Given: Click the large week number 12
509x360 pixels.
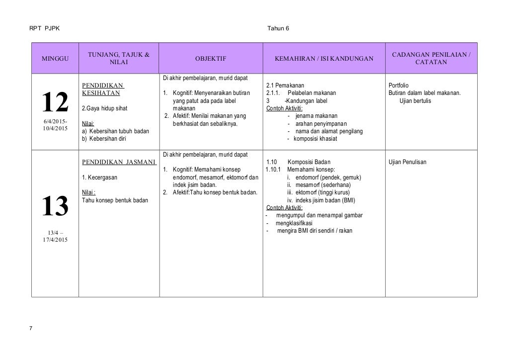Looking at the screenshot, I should tap(55, 103).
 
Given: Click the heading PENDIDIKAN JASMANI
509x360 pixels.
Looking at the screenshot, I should tap(119, 162).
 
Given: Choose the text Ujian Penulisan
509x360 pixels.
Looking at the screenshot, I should tap(407, 162).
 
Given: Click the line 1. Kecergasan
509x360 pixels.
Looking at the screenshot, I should tap(96, 177).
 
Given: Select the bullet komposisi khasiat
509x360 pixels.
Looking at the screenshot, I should tap(315, 139).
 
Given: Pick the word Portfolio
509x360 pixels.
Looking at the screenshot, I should tap(399, 85).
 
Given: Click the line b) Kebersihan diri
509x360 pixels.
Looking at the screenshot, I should tap(103, 139).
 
